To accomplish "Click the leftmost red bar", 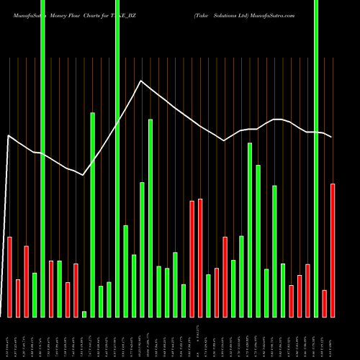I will (x=9, y=276).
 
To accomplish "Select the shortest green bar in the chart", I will (x=84, y=314).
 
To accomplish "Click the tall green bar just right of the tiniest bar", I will (x=92, y=215).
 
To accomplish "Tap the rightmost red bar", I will (x=333, y=250).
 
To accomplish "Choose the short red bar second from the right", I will (x=325, y=303).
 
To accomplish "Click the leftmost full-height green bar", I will (x=42, y=158).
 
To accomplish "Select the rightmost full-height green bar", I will (x=316, y=158).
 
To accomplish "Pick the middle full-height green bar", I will (x=117, y=158).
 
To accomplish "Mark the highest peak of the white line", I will (x=142, y=81).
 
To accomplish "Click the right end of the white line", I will (x=332, y=137).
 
